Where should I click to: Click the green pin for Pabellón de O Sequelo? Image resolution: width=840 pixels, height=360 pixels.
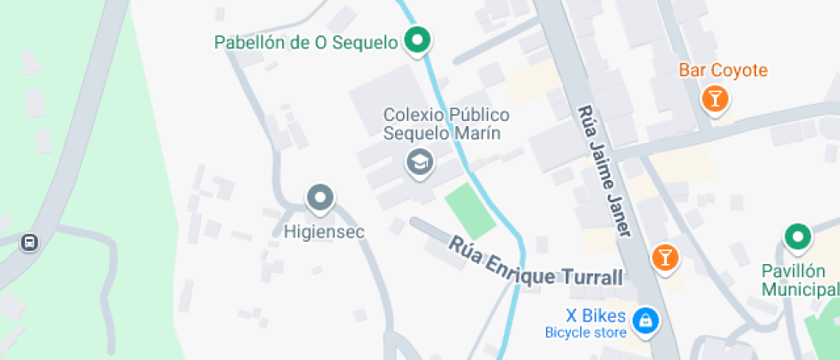click(417, 41)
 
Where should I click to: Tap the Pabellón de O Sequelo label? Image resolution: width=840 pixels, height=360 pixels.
click(306, 42)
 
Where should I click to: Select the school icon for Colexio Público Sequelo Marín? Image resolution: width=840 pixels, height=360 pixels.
click(419, 161)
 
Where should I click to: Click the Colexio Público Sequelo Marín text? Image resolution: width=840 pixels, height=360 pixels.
click(446, 123)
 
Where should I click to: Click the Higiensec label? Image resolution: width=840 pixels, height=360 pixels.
click(324, 231)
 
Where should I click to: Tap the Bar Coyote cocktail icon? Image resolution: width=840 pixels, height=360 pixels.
click(714, 99)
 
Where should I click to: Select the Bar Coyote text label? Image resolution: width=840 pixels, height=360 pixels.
click(723, 70)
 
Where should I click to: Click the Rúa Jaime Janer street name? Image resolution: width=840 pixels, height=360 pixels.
click(605, 171)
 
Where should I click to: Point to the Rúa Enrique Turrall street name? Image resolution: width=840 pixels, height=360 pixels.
click(536, 262)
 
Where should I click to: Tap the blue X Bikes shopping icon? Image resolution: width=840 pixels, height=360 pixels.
click(644, 321)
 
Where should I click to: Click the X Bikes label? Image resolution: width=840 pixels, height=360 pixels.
click(595, 315)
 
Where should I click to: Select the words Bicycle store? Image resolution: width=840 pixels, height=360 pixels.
click(585, 333)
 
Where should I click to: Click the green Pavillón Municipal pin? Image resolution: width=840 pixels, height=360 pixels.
click(798, 237)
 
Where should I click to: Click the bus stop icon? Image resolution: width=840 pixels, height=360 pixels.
click(29, 243)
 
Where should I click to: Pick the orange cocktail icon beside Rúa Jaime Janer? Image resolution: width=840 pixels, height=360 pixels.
click(664, 256)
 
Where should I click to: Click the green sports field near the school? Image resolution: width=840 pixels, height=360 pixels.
click(470, 212)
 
